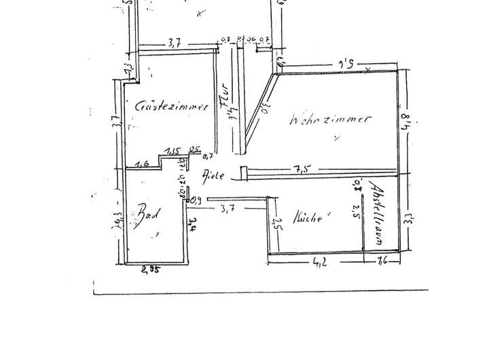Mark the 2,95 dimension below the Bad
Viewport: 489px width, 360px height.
[150, 270]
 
